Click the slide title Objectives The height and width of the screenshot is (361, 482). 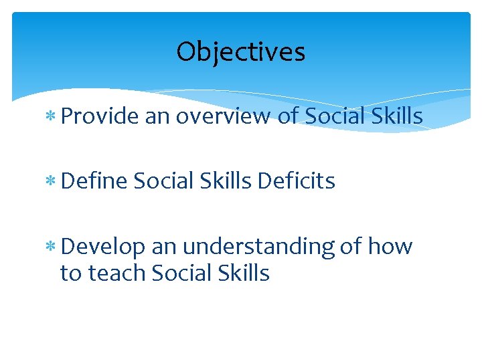pyautogui.click(x=241, y=51)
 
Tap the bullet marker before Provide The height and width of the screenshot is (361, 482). pyautogui.click(x=52, y=117)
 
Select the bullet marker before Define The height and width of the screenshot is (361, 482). pyautogui.click(x=52, y=181)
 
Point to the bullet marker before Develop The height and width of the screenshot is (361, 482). pyautogui.click(x=52, y=247)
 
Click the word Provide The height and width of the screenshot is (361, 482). pyautogui.click(x=99, y=117)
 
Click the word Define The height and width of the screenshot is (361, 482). pyautogui.click(x=93, y=180)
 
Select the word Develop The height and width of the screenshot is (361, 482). pyautogui.click(x=102, y=247)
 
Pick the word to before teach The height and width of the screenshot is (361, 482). pyautogui.click(x=70, y=273)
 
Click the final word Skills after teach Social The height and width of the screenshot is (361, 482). pyautogui.click(x=245, y=273)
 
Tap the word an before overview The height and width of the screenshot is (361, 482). pyautogui.click(x=157, y=118)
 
